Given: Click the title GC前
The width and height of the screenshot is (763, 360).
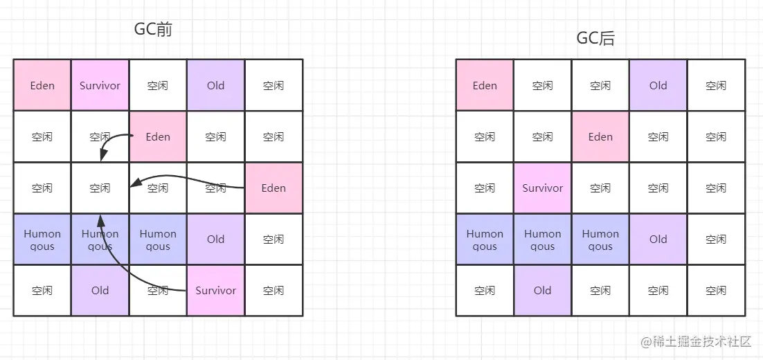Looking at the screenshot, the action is click(152, 30).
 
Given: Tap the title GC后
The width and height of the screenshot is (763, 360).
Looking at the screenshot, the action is click(595, 38).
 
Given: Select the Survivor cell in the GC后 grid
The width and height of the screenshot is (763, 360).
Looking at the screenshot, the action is click(543, 188).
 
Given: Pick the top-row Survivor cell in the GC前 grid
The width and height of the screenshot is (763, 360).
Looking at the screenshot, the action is click(100, 86).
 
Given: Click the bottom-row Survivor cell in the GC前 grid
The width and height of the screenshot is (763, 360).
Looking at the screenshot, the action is click(215, 291).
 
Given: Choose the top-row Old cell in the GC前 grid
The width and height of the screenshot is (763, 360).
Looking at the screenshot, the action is click(215, 86).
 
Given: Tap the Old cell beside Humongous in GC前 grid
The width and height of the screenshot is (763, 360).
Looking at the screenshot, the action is click(215, 240).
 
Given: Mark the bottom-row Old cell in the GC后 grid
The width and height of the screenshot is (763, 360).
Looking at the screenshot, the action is click(543, 291).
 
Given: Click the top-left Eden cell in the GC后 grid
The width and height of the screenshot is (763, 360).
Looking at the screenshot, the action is click(485, 86).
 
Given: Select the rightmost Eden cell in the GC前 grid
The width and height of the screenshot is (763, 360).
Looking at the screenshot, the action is click(273, 188).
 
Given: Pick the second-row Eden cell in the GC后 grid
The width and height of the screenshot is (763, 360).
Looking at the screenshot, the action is click(600, 137).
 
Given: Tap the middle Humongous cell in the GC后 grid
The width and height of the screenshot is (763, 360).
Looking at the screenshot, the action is click(543, 240).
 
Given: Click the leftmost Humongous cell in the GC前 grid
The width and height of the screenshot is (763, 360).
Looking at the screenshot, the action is click(42, 240).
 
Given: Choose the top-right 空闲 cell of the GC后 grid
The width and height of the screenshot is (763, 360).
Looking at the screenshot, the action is click(716, 86).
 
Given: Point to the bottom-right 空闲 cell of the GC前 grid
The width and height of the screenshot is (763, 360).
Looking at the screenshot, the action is click(273, 291).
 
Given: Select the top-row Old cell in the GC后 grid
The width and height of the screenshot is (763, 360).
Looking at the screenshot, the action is click(658, 86).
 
